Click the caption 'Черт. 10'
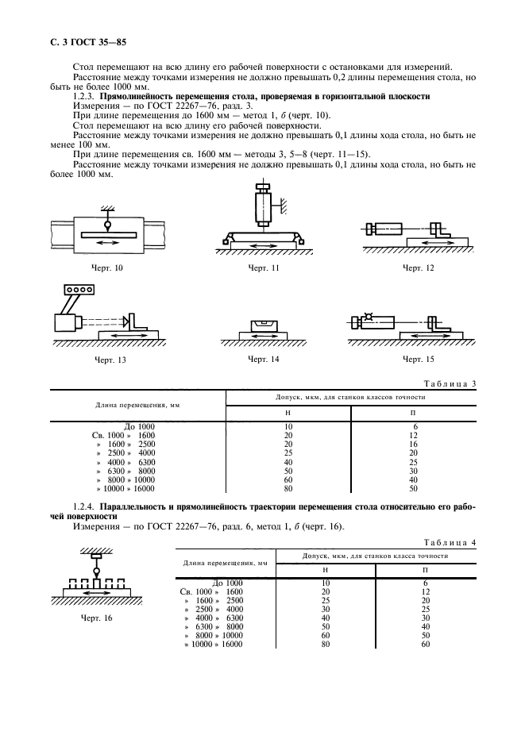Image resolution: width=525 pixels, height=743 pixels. click(x=109, y=268)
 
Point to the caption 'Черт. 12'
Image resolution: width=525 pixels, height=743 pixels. click(x=419, y=268)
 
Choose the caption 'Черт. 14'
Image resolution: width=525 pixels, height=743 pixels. click(x=263, y=360)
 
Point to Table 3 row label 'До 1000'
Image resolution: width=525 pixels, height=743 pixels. click(x=138, y=426)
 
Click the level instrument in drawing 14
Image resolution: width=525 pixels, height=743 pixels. click(x=263, y=325)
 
